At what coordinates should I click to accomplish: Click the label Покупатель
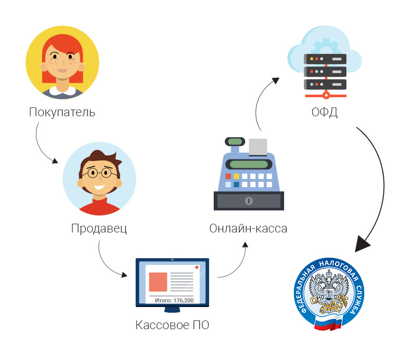pyautogui.click(x=62, y=112)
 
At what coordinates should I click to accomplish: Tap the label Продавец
pyautogui.click(x=99, y=228)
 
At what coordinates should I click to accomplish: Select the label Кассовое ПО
pyautogui.click(x=172, y=325)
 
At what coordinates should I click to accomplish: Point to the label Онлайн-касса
pyautogui.click(x=248, y=228)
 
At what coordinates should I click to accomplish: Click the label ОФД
pyautogui.click(x=325, y=112)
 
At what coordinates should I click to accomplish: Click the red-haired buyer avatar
pyautogui.click(x=62, y=62)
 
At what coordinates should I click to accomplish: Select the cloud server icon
pyautogui.click(x=325, y=62)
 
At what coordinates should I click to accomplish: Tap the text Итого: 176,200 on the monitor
pyautogui.click(x=174, y=300)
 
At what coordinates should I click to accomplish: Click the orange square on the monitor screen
pyautogui.click(x=158, y=282)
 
